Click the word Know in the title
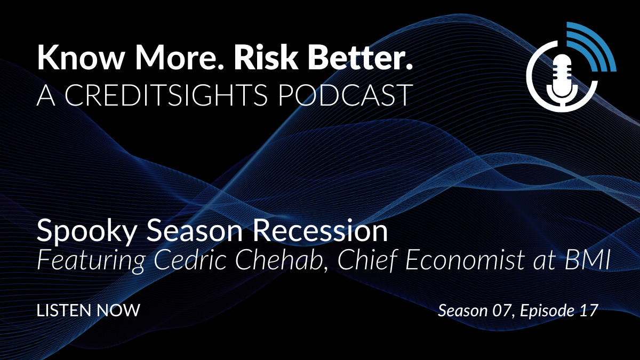click(x=81, y=57)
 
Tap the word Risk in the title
click(x=266, y=57)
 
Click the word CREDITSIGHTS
click(x=166, y=95)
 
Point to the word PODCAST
click(x=345, y=95)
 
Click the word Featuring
click(x=91, y=261)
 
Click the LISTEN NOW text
click(x=89, y=310)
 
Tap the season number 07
click(x=502, y=310)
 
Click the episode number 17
click(x=589, y=310)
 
